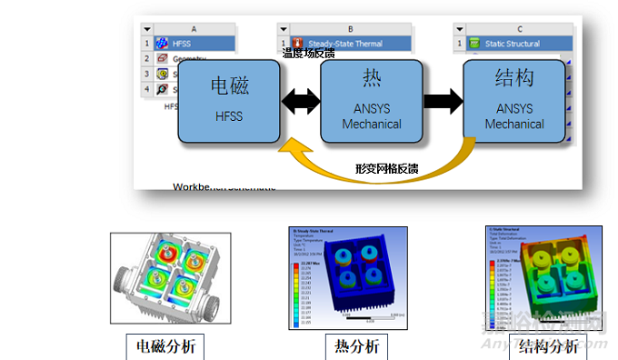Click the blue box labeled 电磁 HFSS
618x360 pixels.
click(x=229, y=101)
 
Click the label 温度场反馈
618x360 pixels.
click(x=308, y=54)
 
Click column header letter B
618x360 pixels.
click(x=350, y=29)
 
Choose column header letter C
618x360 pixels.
click(x=519, y=29)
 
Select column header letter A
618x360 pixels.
click(x=194, y=29)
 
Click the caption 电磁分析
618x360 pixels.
click(x=164, y=346)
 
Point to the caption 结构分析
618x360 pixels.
click(x=547, y=346)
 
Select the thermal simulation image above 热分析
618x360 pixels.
click(x=343, y=276)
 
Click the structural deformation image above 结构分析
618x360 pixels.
click(x=543, y=275)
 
